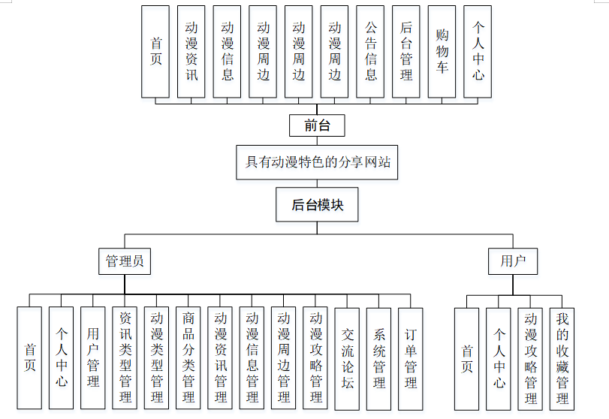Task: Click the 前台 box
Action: tap(317, 125)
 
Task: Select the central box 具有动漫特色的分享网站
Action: tap(317, 161)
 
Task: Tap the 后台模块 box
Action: tap(317, 204)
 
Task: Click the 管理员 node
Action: tap(125, 261)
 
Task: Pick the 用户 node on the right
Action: tap(513, 261)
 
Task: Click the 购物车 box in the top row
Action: tap(442, 52)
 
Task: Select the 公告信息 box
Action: tap(370, 52)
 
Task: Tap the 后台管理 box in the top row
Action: tap(406, 52)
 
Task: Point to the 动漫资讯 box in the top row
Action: tap(191, 52)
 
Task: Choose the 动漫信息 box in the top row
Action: tap(228, 52)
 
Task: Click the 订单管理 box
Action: tap(411, 358)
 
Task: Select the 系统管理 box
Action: tap(379, 358)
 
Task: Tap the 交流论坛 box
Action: tap(348, 358)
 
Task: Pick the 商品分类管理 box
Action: tap(188, 358)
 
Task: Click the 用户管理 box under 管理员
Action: tap(93, 358)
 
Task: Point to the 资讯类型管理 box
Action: tap(125, 358)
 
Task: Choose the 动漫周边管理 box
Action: tap(284, 358)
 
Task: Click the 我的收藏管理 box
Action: tap(562, 358)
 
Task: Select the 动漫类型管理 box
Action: tap(156, 358)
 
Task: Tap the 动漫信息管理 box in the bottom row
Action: tap(252, 358)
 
